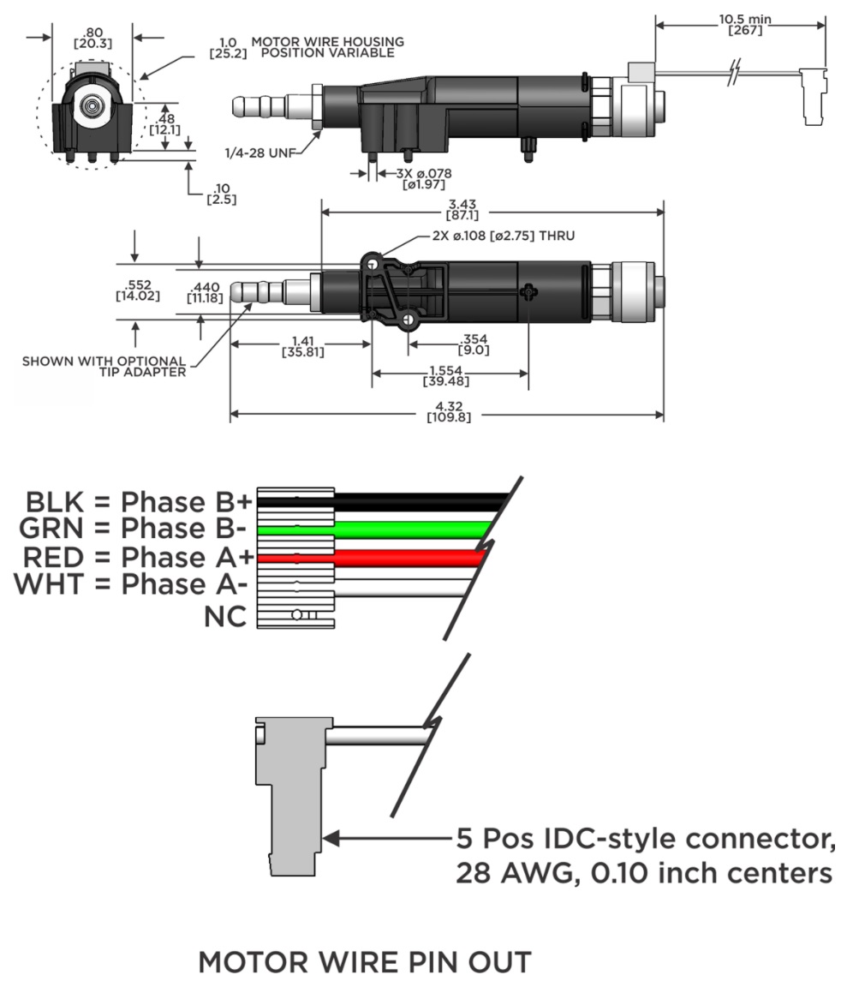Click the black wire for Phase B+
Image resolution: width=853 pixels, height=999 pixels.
click(x=411, y=501)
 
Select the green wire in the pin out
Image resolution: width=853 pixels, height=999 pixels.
click(x=411, y=528)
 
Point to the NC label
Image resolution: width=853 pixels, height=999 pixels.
click(x=224, y=615)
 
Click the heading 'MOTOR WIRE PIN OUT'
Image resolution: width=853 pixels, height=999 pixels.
click(x=364, y=963)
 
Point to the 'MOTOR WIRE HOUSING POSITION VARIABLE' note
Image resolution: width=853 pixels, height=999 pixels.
click(x=328, y=47)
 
